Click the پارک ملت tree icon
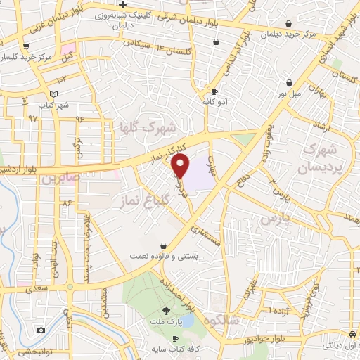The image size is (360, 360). click(167, 311)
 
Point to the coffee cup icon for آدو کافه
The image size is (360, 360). click(214, 91)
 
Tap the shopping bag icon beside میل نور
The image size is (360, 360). click(289, 82)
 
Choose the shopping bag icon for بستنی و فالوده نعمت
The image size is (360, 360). click(163, 245)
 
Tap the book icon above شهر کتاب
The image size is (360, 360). click(53, 94)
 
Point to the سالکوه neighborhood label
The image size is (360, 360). click(240, 320)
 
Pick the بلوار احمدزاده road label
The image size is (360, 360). click(199, 290)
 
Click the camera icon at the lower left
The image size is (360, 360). click(41, 330)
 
